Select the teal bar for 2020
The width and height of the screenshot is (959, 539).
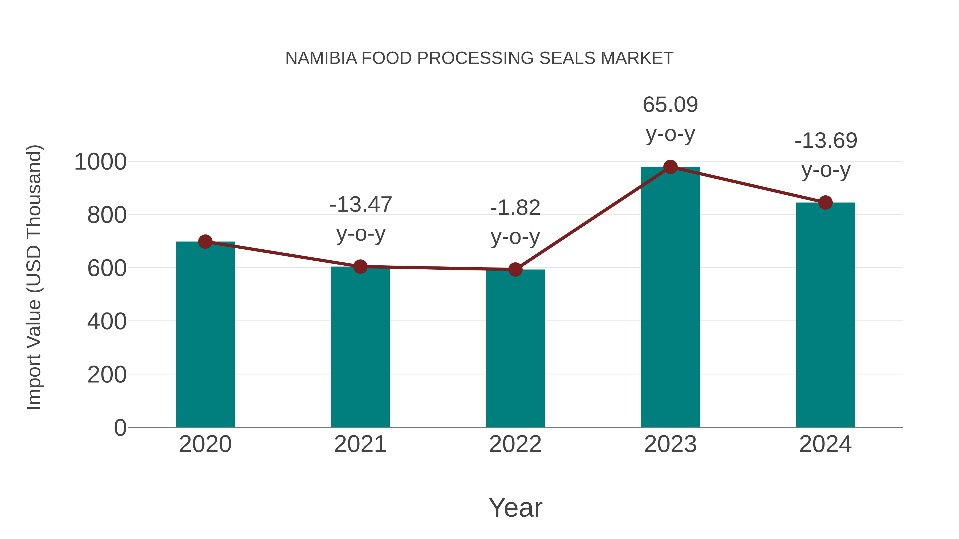[205, 335]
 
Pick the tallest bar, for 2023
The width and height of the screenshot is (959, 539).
[670, 298]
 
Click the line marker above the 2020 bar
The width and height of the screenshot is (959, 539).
[205, 242]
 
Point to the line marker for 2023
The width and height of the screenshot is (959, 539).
[670, 167]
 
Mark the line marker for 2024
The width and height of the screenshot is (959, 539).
[825, 203]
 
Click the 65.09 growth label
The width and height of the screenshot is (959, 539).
[670, 105]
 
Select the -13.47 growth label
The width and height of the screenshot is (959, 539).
[361, 205]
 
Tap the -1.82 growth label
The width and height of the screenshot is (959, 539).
[515, 208]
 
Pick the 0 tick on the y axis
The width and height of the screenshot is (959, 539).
[120, 428]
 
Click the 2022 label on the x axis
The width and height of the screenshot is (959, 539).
[515, 444]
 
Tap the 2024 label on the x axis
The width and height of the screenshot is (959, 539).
[825, 444]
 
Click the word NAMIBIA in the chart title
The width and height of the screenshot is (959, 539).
[321, 58]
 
